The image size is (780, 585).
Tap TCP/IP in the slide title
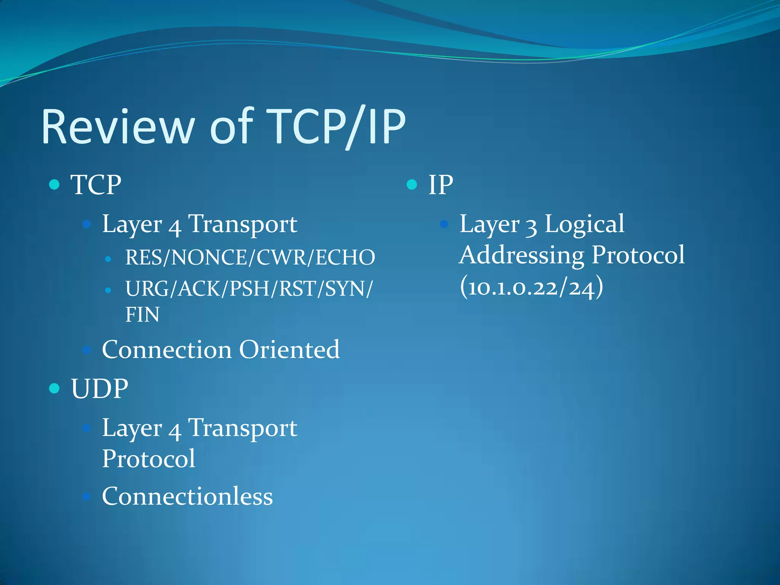pyautogui.click(x=336, y=126)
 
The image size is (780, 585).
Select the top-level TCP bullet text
pyautogui.click(x=96, y=185)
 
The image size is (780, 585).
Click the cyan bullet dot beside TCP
pyautogui.click(x=54, y=185)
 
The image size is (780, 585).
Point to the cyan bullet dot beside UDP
pyautogui.click(x=54, y=388)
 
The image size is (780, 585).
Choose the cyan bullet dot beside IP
pyautogui.click(x=412, y=185)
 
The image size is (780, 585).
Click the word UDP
pyautogui.click(x=99, y=389)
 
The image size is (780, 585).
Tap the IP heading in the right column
pyautogui.click(x=441, y=185)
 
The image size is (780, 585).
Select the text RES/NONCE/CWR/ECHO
pyautogui.click(x=250, y=257)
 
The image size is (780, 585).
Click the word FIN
pyautogui.click(x=142, y=315)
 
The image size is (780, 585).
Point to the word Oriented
pyautogui.click(x=289, y=349)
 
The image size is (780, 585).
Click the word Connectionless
pyautogui.click(x=187, y=496)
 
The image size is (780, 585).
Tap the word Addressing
pyautogui.click(x=521, y=255)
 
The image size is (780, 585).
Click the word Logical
pyautogui.click(x=584, y=224)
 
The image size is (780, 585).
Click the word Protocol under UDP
pyautogui.click(x=149, y=459)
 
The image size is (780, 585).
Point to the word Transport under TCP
pyautogui.click(x=243, y=224)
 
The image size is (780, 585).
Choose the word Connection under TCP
pyautogui.click(x=167, y=349)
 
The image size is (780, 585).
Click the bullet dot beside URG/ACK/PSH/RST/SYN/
pyautogui.click(x=108, y=290)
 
